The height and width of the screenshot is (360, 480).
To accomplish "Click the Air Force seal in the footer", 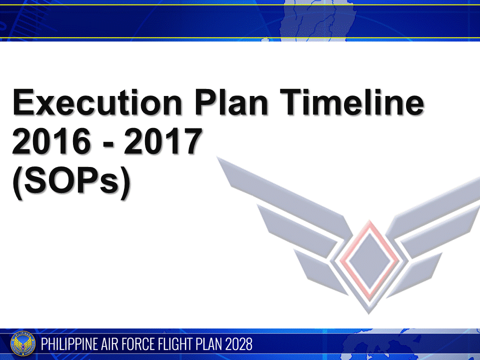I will [23, 344].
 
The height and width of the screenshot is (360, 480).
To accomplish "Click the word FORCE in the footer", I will [147, 344].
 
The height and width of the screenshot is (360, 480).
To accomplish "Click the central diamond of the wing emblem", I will [369, 259].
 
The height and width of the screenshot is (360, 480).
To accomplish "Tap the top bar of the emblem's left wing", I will [280, 192].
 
